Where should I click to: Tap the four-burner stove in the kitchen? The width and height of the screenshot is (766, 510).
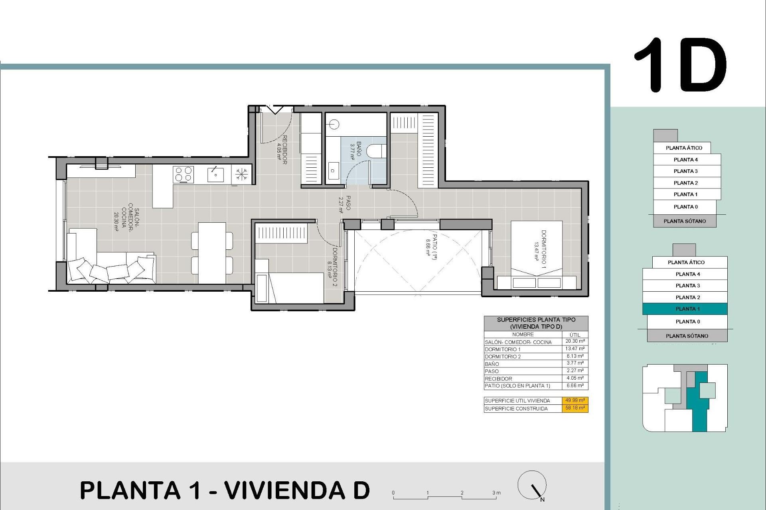(x=183, y=175)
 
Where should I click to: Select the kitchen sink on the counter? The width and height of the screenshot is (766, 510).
(x=215, y=175)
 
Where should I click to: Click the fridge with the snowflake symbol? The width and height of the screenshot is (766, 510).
(x=241, y=175)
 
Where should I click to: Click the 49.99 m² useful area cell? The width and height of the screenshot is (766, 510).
(x=575, y=400)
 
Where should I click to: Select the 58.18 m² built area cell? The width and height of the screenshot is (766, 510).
(x=575, y=408)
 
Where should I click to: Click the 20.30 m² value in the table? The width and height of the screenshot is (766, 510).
(x=575, y=341)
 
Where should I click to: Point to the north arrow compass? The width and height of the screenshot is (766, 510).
(x=532, y=486)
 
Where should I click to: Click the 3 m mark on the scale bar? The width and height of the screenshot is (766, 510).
(x=496, y=493)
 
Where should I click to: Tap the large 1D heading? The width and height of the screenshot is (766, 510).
(x=680, y=65)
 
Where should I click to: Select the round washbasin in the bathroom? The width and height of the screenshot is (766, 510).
(x=334, y=125)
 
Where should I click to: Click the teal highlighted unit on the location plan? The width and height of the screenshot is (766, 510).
(x=699, y=406)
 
